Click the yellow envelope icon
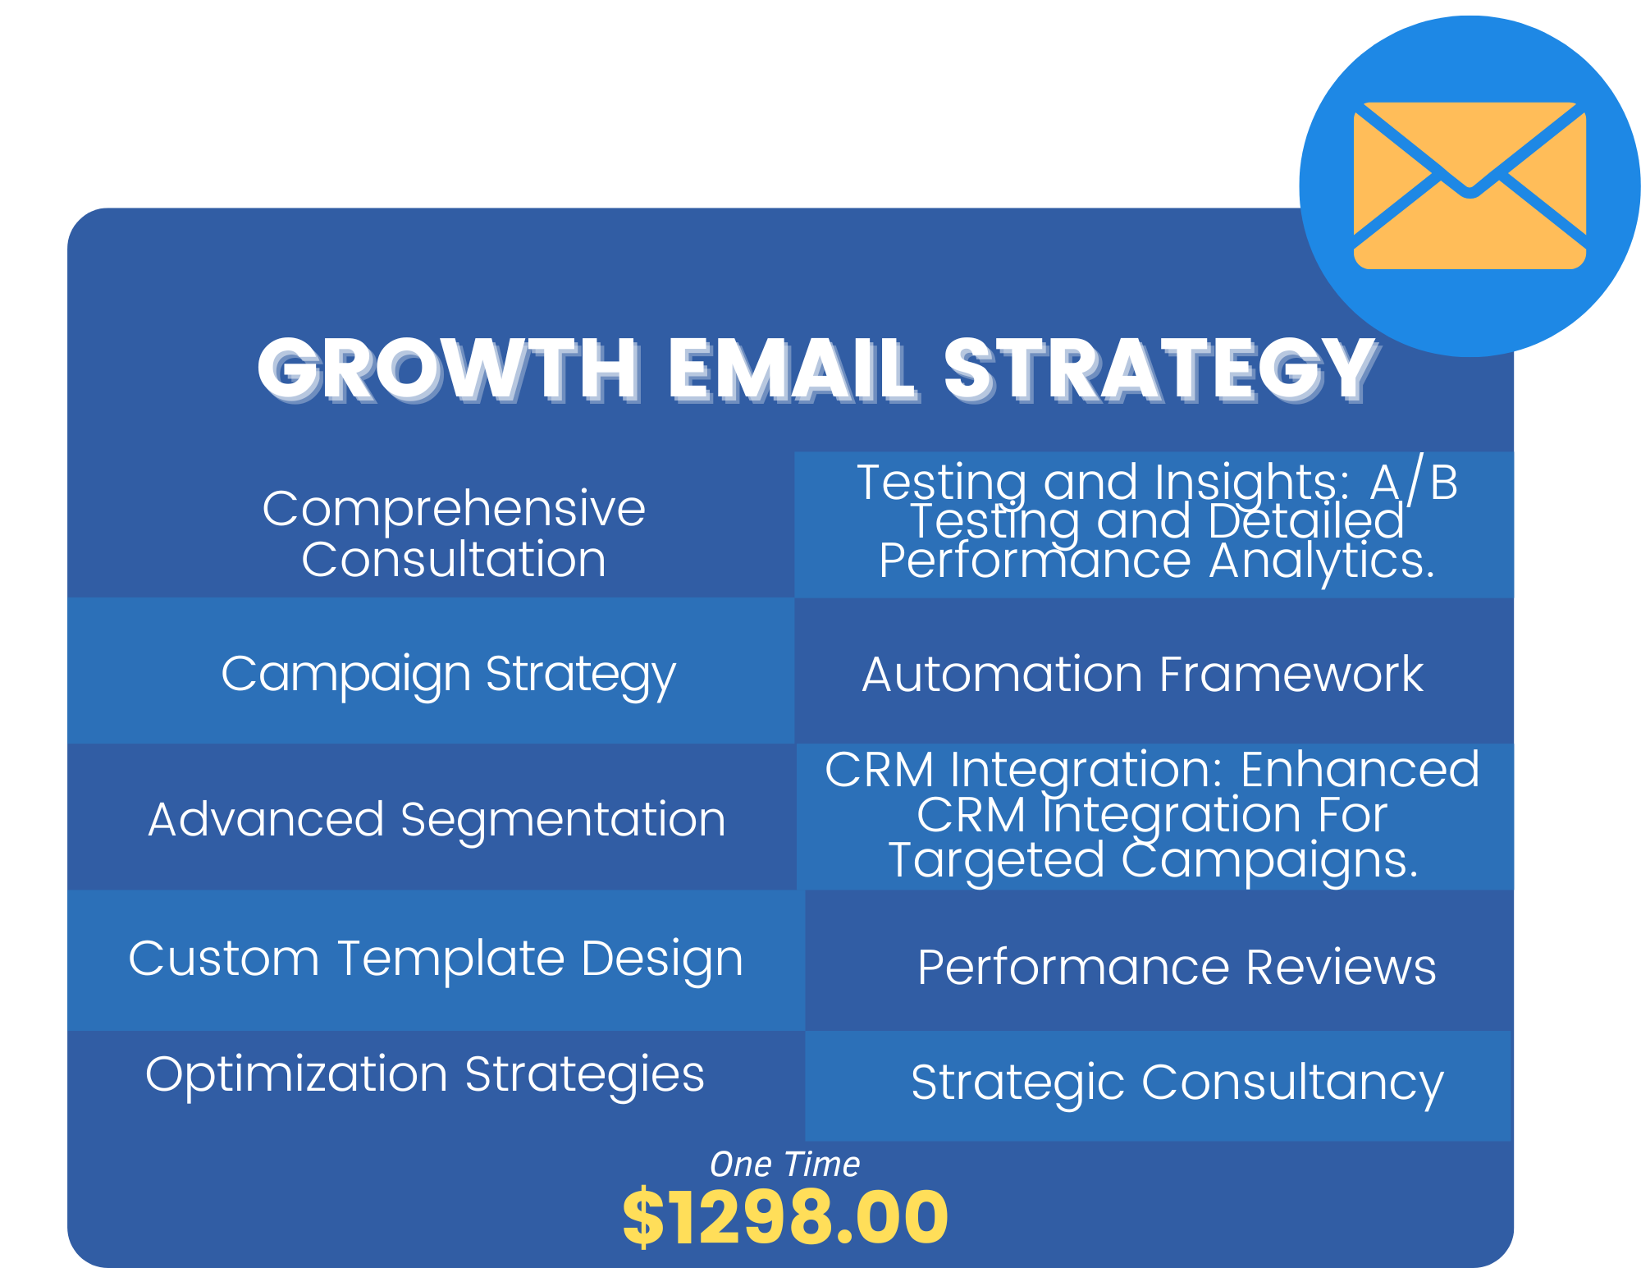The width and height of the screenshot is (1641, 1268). click(1470, 185)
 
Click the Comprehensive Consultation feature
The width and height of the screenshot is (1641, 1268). click(454, 533)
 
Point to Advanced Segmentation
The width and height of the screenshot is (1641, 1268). click(437, 821)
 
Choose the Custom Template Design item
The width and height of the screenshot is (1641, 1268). click(436, 959)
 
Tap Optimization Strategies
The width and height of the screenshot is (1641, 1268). click(425, 1075)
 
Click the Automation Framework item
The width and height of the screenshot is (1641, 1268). click(1143, 675)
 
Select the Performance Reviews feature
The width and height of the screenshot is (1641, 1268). click(1177, 967)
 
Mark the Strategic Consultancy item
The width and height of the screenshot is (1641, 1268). click(1177, 1083)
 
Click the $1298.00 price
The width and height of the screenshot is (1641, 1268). click(785, 1216)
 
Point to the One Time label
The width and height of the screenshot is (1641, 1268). click(784, 1164)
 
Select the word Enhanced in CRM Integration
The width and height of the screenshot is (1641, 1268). click(1360, 770)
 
